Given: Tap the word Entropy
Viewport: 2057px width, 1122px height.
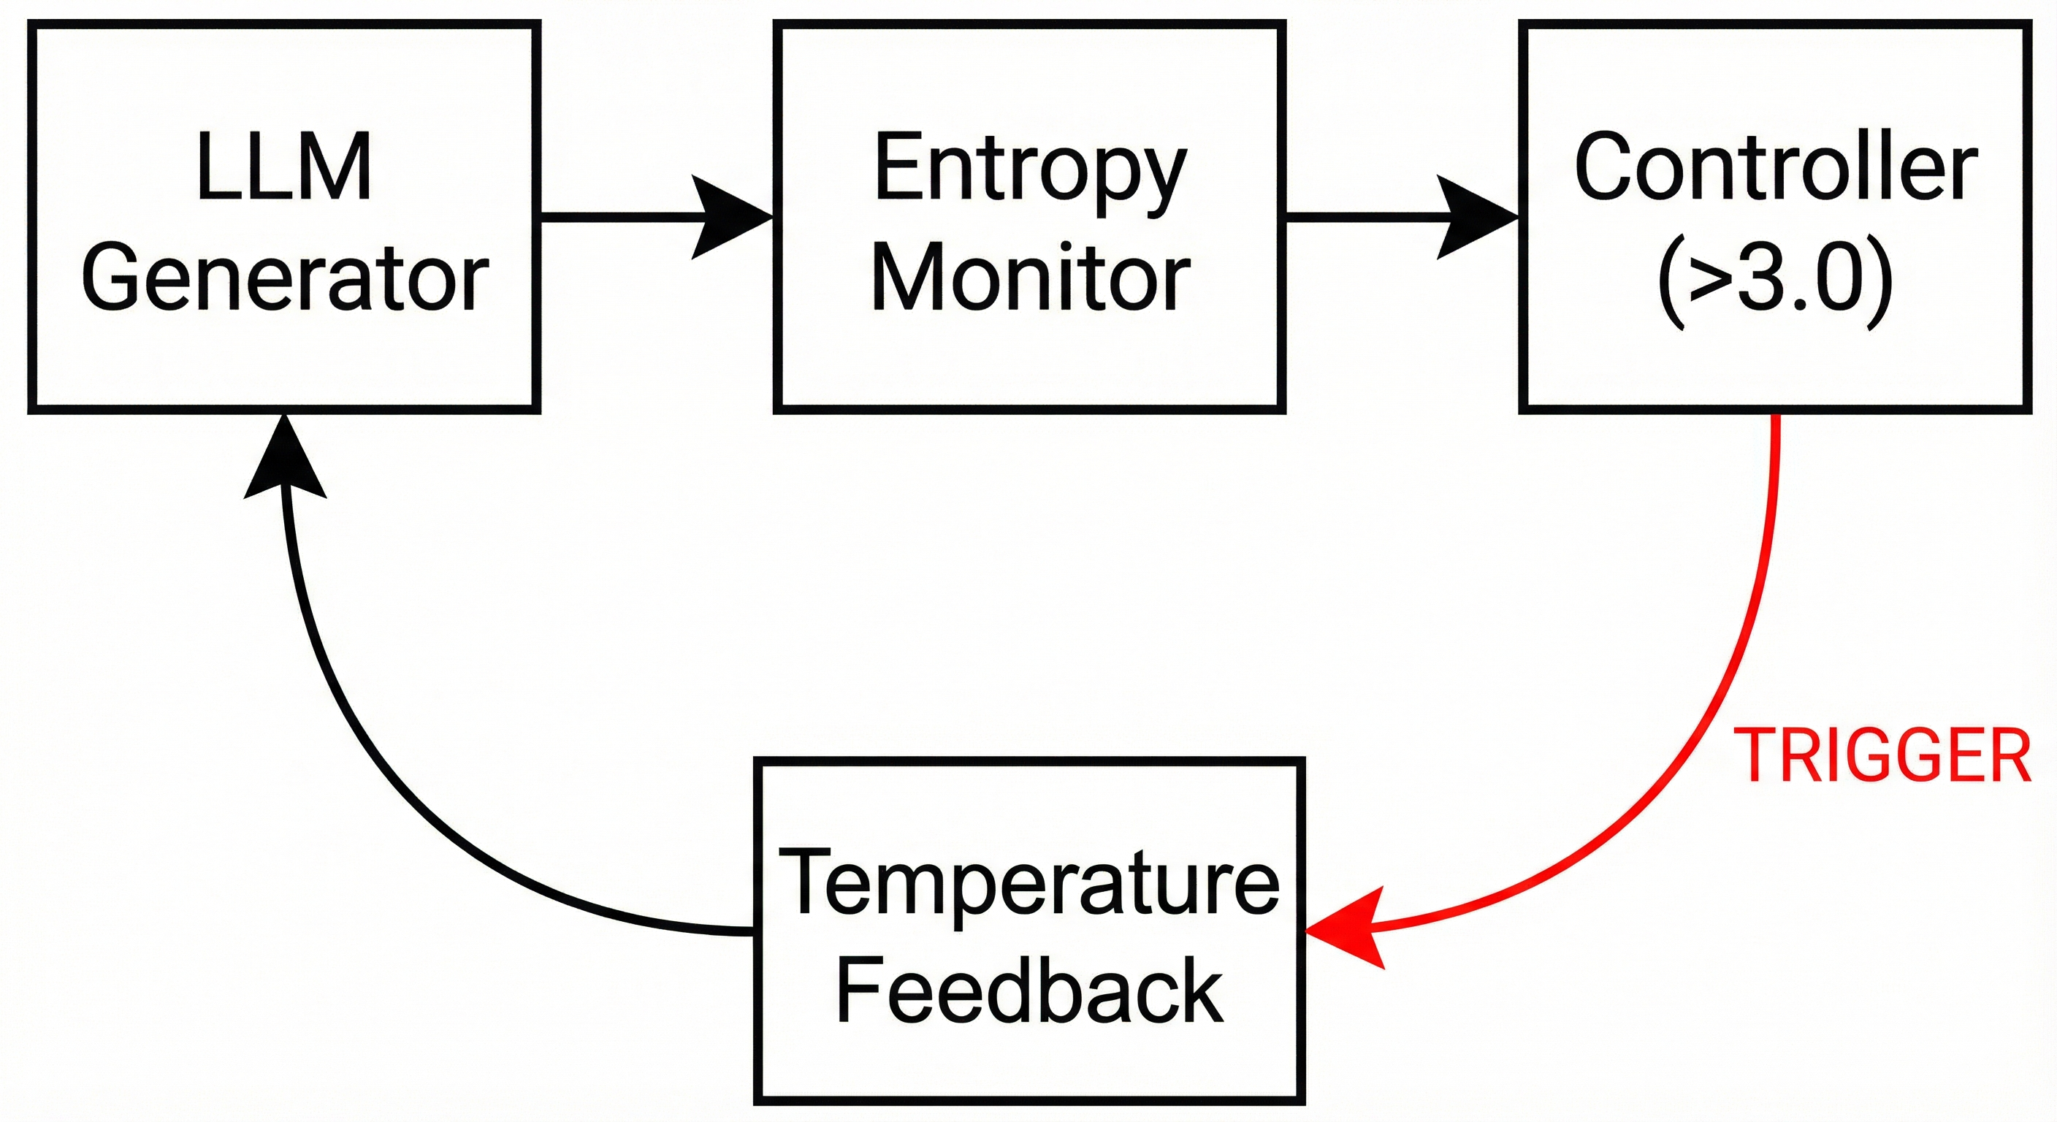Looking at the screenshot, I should tap(1029, 172).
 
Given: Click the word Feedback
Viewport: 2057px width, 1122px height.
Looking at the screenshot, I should tap(1029, 991).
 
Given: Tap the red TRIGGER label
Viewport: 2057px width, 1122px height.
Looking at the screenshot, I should tap(1883, 756).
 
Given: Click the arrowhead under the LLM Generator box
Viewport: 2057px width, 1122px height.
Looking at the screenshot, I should tap(284, 459).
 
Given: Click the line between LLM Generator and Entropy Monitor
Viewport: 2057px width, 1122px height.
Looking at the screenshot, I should tap(615, 215).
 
